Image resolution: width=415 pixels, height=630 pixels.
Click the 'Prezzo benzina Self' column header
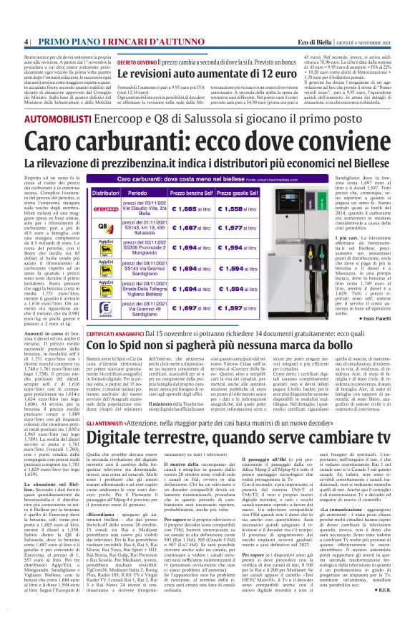(192, 193)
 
